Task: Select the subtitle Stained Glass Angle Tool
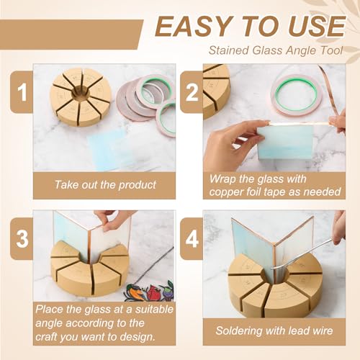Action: (x=275, y=50)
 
